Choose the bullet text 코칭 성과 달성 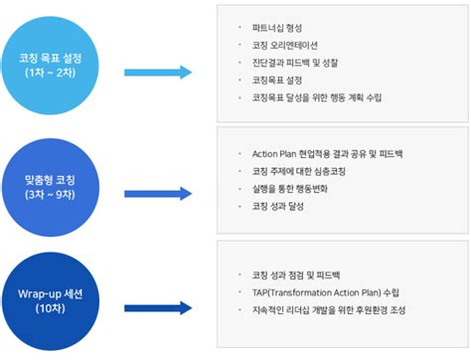tap(283, 206)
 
